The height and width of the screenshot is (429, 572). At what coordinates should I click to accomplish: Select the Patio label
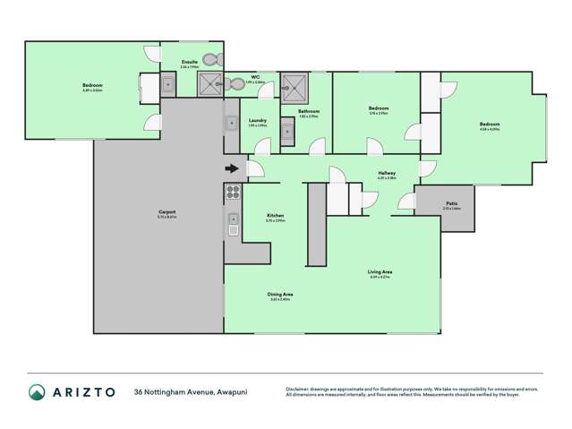(x=452, y=203)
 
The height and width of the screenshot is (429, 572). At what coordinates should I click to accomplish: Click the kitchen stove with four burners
(x=232, y=191)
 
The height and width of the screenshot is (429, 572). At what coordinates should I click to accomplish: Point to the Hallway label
(x=387, y=173)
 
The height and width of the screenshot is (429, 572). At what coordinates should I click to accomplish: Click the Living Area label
(x=380, y=272)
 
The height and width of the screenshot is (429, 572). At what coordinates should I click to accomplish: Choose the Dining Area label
(x=280, y=295)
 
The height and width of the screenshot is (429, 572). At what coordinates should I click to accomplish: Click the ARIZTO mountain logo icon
(x=38, y=392)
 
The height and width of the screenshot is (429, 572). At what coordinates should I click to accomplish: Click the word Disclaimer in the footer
(x=298, y=388)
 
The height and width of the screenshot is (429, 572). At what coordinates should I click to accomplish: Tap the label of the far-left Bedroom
(x=91, y=87)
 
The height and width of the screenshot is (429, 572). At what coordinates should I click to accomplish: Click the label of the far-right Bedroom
(x=488, y=124)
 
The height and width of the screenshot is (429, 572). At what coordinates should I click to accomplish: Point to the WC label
(x=255, y=78)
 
